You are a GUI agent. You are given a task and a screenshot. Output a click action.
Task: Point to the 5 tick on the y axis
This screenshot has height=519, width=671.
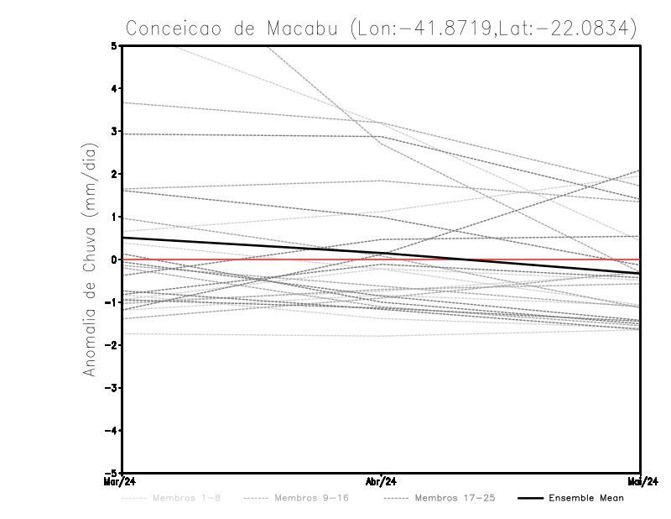(114, 45)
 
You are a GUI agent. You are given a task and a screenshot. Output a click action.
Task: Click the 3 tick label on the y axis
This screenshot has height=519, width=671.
(114, 131)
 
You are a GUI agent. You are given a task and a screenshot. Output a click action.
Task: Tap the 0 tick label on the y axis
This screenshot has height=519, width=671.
(114, 259)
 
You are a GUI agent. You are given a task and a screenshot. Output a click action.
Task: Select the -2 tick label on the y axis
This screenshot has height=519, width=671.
(112, 345)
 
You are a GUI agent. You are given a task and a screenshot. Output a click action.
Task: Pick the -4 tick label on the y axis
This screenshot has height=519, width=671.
(112, 430)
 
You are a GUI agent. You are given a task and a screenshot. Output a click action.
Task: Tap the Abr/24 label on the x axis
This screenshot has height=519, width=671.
(382, 482)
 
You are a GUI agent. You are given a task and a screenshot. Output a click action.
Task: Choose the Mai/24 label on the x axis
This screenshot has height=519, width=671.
(640, 482)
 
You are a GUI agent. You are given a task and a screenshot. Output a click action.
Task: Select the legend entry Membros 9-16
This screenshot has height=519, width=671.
(311, 498)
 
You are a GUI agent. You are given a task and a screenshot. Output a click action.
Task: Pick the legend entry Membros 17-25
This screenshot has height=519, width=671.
(455, 498)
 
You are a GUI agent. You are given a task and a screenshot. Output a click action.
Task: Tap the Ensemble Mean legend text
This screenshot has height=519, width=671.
(586, 498)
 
